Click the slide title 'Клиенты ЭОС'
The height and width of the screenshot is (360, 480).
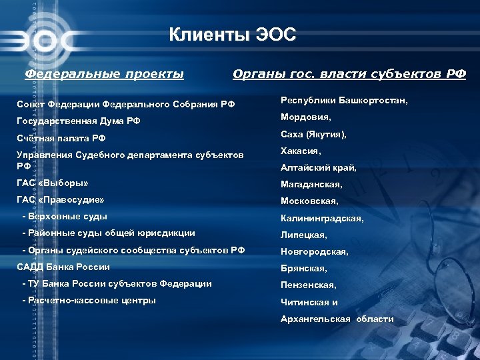click(x=231, y=34)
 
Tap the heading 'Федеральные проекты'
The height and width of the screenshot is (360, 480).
click(x=104, y=73)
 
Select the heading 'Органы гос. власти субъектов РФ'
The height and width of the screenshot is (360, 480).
click(x=349, y=73)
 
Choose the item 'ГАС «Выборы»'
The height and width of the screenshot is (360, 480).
click(x=53, y=182)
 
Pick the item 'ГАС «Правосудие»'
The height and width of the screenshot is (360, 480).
click(x=61, y=199)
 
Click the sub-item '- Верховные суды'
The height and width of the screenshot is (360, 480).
click(x=65, y=216)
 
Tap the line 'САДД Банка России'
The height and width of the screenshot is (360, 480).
click(x=63, y=267)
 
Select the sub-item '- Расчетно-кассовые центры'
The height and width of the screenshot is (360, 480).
click(x=89, y=300)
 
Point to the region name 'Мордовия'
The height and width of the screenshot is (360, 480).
click(x=306, y=117)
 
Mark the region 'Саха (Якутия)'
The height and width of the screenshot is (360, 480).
click(x=313, y=134)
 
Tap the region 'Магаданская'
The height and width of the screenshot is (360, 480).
click(x=311, y=185)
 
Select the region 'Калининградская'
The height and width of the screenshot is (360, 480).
click(x=322, y=218)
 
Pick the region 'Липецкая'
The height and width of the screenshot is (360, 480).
click(x=303, y=235)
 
